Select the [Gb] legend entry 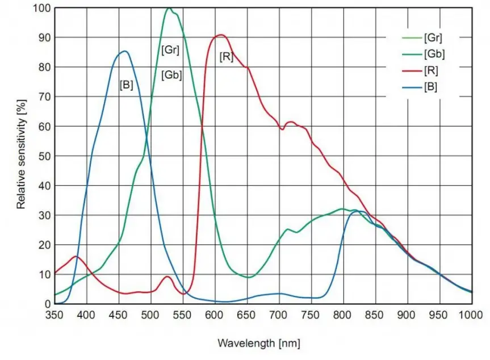tap(433, 55)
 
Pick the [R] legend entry tap(430, 71)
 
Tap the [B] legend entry tap(430, 87)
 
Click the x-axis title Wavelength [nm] tap(259, 344)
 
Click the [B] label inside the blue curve tap(126, 85)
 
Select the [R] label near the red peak tap(226, 57)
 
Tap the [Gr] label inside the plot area tap(170, 50)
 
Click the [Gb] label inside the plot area tap(171, 74)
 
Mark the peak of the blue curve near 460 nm tap(124, 51)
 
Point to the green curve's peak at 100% tap(169, 8)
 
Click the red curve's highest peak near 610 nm tap(221, 35)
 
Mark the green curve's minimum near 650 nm tap(249, 277)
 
